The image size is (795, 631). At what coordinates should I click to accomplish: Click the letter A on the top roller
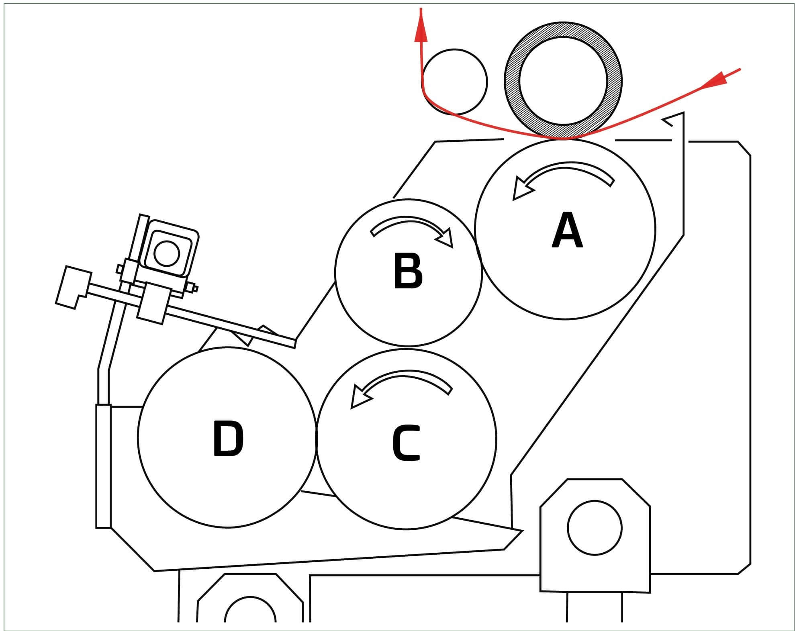[566, 231]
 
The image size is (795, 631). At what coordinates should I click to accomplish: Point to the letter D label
[228, 439]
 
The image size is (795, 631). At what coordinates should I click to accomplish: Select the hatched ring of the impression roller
[513, 80]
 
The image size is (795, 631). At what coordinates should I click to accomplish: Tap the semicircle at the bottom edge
[250, 613]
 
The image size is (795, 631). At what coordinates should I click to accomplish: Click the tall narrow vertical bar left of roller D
[103, 466]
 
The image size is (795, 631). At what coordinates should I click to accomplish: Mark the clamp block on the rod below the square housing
[153, 303]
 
